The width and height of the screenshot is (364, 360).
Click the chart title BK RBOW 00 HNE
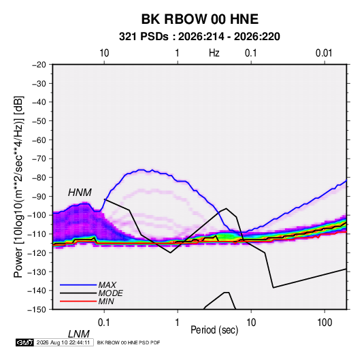[199, 19]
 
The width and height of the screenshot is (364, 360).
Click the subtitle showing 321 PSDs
[199, 37]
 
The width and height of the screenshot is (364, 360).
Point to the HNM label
[80, 193]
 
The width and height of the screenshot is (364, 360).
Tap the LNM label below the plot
[78, 334]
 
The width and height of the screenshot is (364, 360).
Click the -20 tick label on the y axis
[39, 65]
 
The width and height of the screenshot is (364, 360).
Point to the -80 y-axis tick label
[39, 178]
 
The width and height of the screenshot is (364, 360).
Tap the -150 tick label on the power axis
[37, 310]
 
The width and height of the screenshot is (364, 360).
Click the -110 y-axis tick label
[37, 234]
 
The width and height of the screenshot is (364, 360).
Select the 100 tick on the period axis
[325, 323]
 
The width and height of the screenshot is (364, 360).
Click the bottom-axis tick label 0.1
[104, 323]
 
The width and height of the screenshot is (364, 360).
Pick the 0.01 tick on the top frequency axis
[324, 53]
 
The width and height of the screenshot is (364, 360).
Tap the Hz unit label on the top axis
[214, 53]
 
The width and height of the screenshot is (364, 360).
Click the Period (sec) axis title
[214, 330]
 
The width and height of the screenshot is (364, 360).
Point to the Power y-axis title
[18, 187]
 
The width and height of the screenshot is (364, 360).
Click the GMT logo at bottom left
[24, 342]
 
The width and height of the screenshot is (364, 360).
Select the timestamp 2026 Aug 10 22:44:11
[63, 342]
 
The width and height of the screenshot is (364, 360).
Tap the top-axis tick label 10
[104, 53]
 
